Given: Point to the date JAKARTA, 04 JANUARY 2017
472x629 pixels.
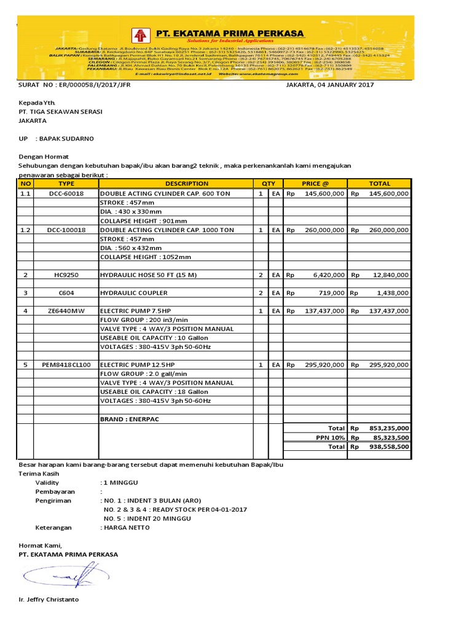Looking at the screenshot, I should (x=330, y=85).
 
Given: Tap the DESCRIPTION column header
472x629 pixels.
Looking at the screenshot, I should (x=178, y=183).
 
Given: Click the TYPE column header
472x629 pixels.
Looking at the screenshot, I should (x=66, y=183).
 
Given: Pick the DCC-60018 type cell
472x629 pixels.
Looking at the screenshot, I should (x=66, y=193).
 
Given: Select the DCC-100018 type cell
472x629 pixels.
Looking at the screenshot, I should (x=66, y=230).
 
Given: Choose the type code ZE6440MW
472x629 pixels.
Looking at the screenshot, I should (x=66, y=311).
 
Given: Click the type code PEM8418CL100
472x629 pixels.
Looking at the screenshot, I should (x=66, y=365).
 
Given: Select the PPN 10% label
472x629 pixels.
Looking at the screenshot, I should (x=328, y=437).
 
